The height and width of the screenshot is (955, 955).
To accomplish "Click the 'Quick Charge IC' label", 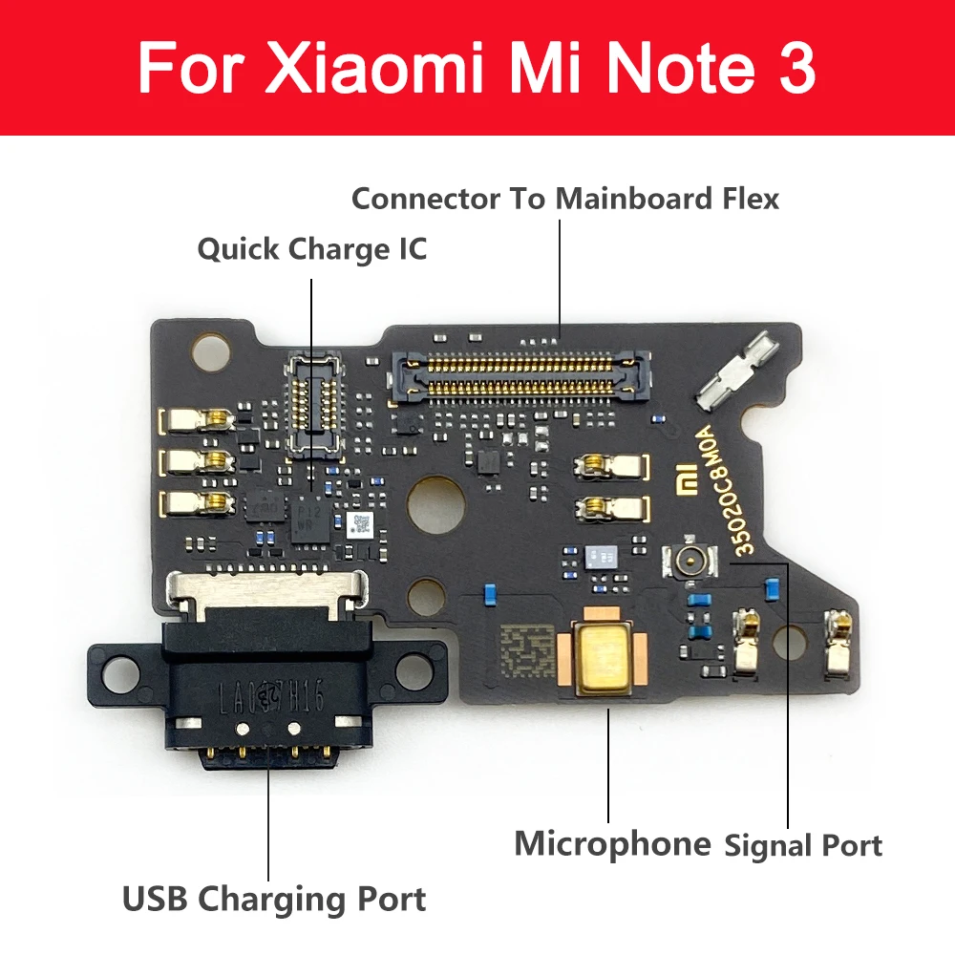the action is (x=311, y=250).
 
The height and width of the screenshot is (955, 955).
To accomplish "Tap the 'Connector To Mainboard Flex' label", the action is (x=565, y=199).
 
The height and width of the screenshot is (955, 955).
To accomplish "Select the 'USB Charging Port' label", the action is (x=274, y=899).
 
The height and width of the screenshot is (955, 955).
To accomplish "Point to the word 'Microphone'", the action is (x=612, y=843).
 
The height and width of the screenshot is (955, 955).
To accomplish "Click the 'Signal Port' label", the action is (x=803, y=844).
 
